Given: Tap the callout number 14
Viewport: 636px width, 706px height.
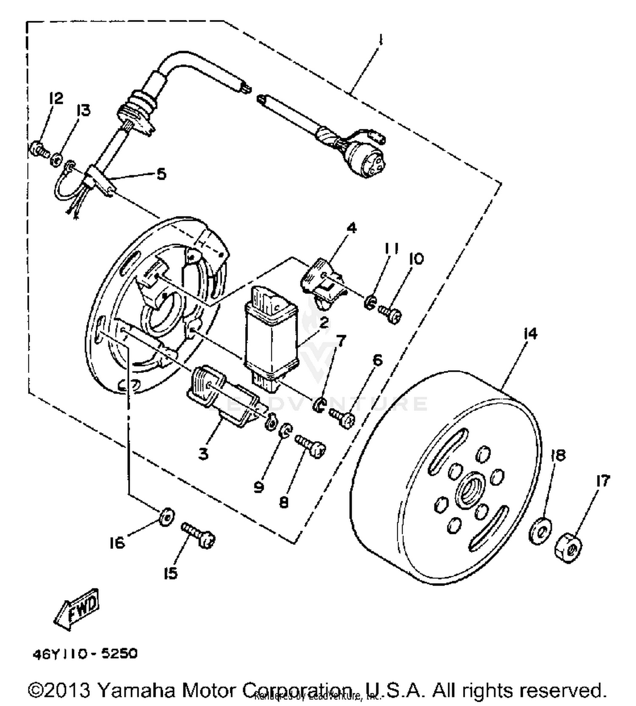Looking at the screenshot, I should point(530,334).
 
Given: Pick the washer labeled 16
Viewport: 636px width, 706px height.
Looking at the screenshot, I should point(167,517).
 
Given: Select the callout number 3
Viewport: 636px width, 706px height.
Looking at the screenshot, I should point(204,454).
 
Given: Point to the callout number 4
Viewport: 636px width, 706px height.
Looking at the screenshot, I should point(351,228).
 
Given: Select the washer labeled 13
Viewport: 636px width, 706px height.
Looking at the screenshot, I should point(56,161).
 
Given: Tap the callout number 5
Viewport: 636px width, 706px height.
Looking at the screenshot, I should point(161,173).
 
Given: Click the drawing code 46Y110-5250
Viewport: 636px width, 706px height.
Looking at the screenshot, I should point(85,653).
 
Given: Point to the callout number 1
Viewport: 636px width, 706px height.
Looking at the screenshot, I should point(380,40).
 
